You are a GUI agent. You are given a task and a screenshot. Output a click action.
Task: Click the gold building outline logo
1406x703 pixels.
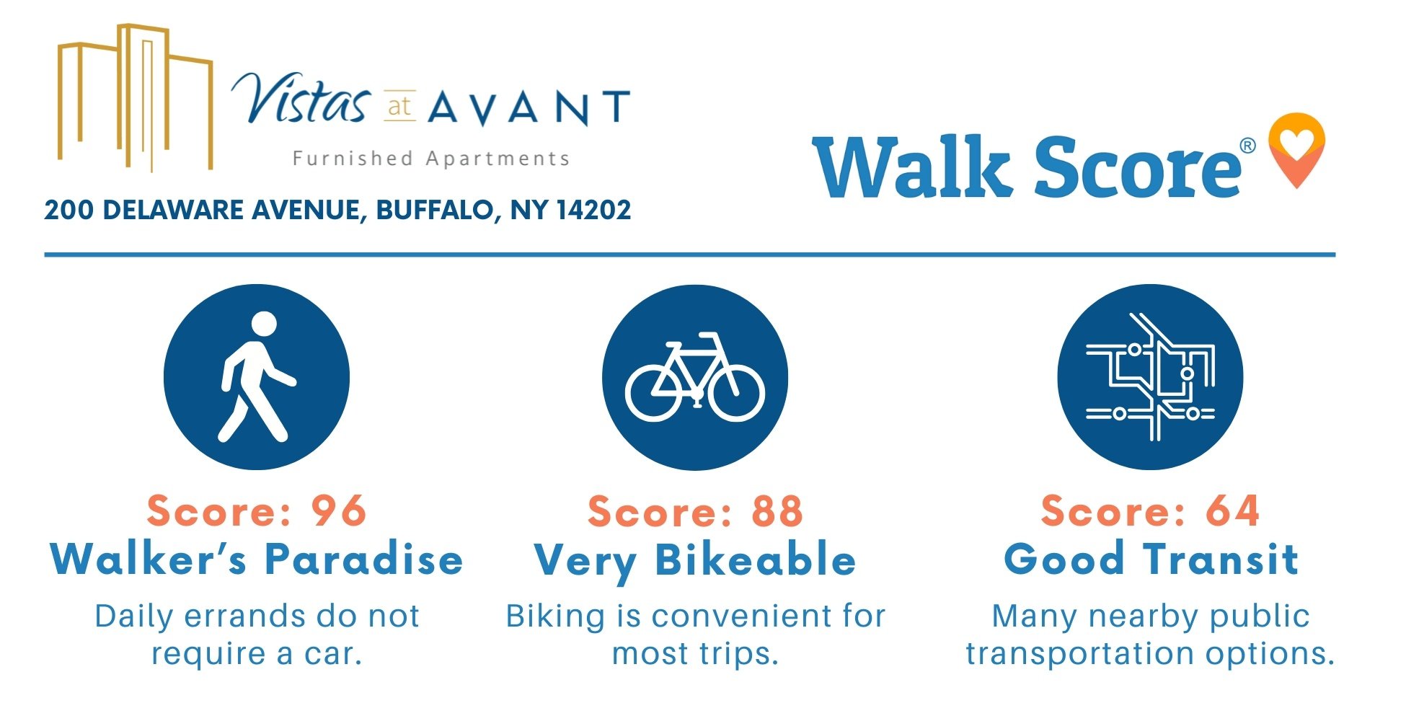(x=136, y=98)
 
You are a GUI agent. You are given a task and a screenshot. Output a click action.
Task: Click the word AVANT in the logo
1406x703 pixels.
(x=529, y=108)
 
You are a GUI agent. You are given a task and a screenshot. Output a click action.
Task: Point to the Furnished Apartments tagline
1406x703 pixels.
(x=431, y=159)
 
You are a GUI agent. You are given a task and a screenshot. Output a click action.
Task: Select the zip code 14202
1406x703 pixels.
(x=593, y=210)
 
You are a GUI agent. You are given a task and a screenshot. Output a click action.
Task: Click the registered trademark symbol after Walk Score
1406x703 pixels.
(x=1247, y=146)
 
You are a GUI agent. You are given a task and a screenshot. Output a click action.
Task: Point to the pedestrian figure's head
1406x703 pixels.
(x=264, y=324)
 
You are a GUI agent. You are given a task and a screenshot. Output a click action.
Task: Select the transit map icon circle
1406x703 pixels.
(x=1150, y=377)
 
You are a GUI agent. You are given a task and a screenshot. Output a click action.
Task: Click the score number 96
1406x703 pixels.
(x=339, y=511)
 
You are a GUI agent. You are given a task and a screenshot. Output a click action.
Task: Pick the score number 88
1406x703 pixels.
(x=777, y=512)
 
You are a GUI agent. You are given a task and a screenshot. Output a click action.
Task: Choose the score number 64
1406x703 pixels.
(x=1233, y=511)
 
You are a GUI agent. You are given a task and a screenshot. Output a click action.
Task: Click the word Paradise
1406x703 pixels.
(x=364, y=560)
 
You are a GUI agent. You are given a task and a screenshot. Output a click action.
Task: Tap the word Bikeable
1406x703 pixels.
(x=756, y=560)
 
